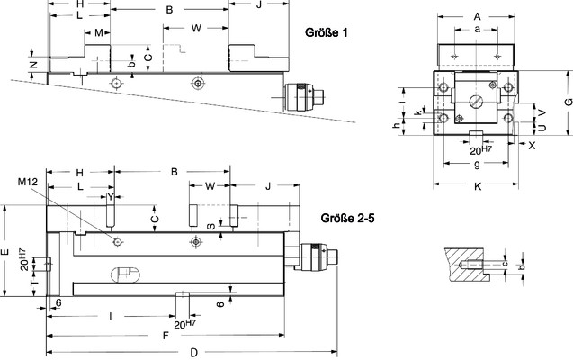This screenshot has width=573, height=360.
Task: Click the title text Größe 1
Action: [x=326, y=32]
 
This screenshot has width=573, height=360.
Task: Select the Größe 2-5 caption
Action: [x=347, y=218]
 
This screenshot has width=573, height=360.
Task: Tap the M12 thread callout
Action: [x=28, y=182]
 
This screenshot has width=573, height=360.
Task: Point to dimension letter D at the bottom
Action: [x=194, y=353]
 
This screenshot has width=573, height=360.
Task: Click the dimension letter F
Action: [x=166, y=335]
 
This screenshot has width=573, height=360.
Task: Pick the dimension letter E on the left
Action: [x=4, y=252]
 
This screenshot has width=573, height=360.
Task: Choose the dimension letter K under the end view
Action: [x=478, y=187]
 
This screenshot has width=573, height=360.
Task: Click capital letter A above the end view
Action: [x=478, y=16]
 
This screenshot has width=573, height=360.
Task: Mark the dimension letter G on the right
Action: [x=568, y=102]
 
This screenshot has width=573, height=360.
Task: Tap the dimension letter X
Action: [x=532, y=146]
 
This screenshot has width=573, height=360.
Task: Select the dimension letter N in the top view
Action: [x=33, y=65]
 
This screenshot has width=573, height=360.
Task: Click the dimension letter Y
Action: [x=111, y=197]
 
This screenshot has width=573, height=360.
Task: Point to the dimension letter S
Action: [x=210, y=227]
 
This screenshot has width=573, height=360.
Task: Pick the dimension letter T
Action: [x=34, y=283]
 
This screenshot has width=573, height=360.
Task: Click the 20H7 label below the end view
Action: [x=480, y=149]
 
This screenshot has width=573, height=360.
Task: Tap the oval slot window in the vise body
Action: [x=125, y=274]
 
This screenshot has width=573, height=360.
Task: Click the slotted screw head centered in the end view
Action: [x=476, y=101]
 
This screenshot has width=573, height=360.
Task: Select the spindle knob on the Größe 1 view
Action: [x=304, y=97]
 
